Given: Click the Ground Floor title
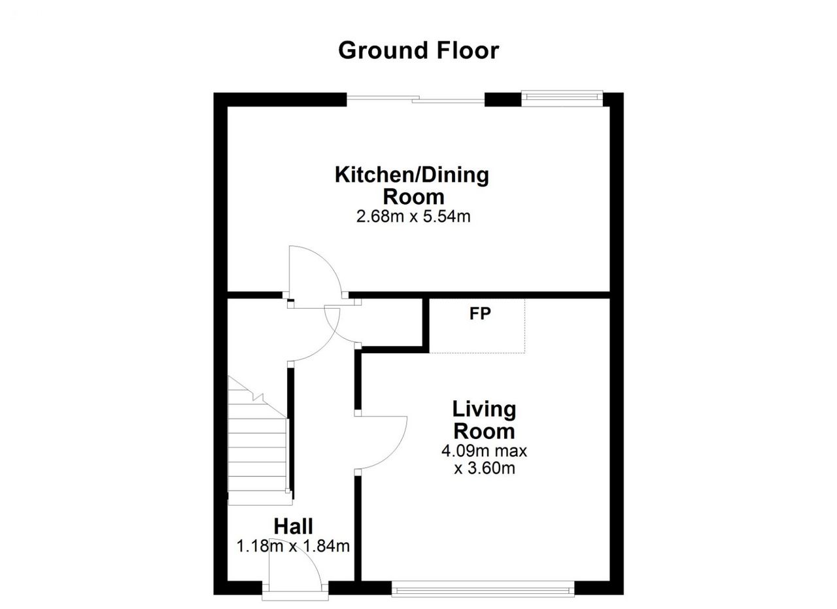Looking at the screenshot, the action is pyautogui.click(x=418, y=51).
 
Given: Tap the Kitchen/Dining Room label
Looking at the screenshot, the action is pyautogui.click(x=412, y=186).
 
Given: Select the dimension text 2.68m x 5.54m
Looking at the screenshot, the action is pyautogui.click(x=413, y=217).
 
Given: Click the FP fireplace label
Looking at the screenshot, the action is pyautogui.click(x=480, y=314).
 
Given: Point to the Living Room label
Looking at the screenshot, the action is pyautogui.click(x=485, y=420).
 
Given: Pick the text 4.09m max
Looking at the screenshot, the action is pyautogui.click(x=484, y=451).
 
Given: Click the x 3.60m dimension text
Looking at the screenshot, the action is pyautogui.click(x=485, y=468).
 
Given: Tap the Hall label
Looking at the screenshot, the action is pyautogui.click(x=294, y=527).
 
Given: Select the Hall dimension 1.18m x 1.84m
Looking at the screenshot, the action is pyautogui.click(x=294, y=547).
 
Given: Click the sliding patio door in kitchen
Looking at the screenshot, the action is pyautogui.click(x=415, y=99).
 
